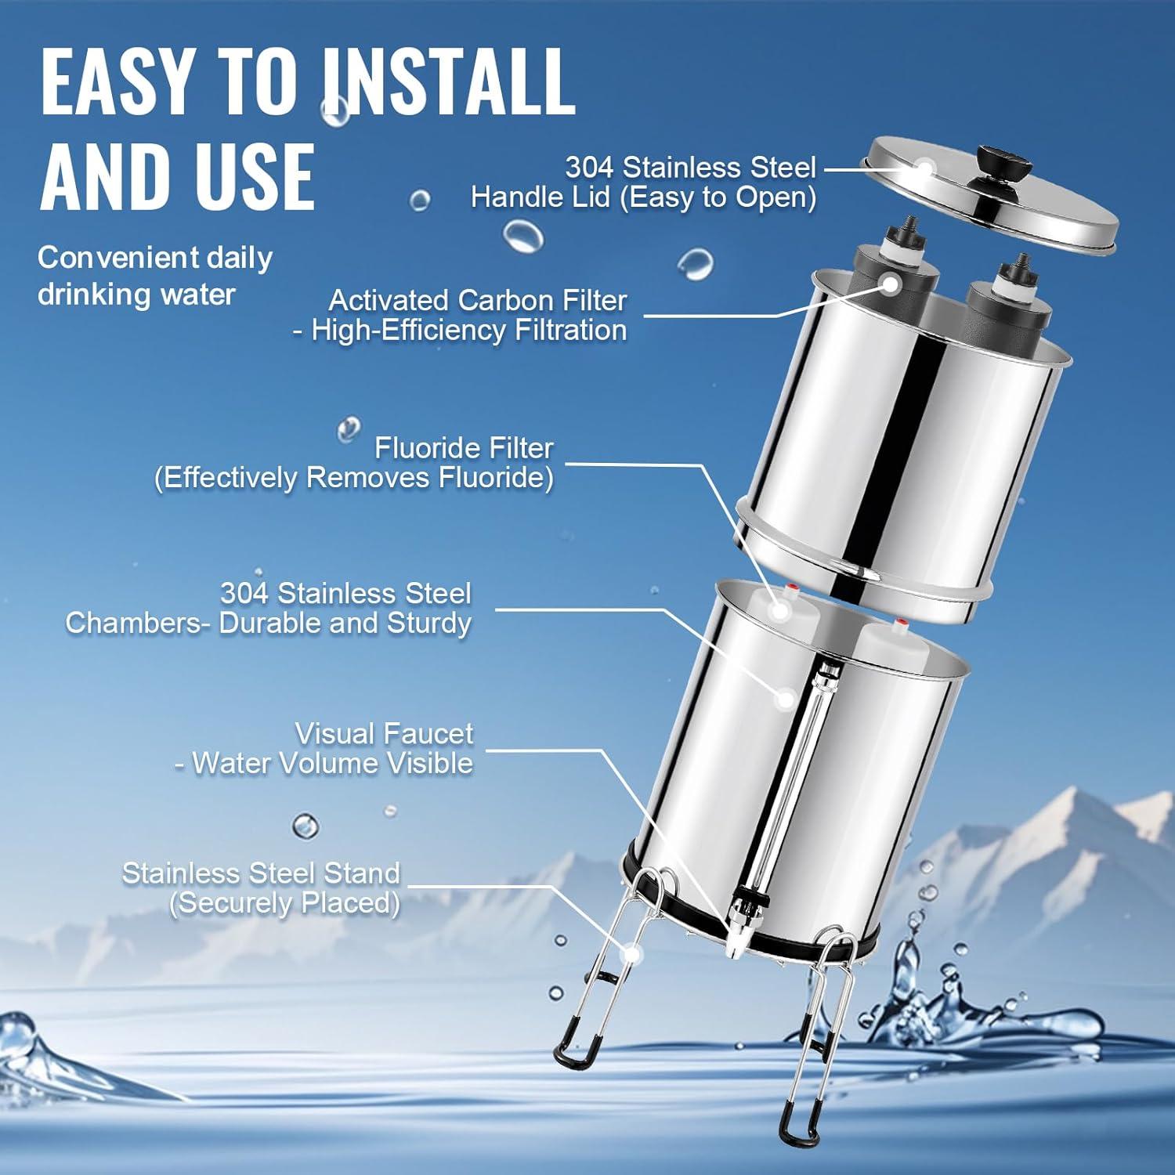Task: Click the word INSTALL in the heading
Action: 448,81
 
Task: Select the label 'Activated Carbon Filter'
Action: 478,300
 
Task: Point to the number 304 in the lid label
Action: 589,167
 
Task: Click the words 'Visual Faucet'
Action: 384,734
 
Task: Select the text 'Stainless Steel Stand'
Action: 261,873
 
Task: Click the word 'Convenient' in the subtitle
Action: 108,258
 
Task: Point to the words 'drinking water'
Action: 136,295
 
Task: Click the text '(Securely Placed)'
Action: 285,903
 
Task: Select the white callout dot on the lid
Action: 924,168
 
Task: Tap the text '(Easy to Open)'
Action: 718,197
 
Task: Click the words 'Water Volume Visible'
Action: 333,764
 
